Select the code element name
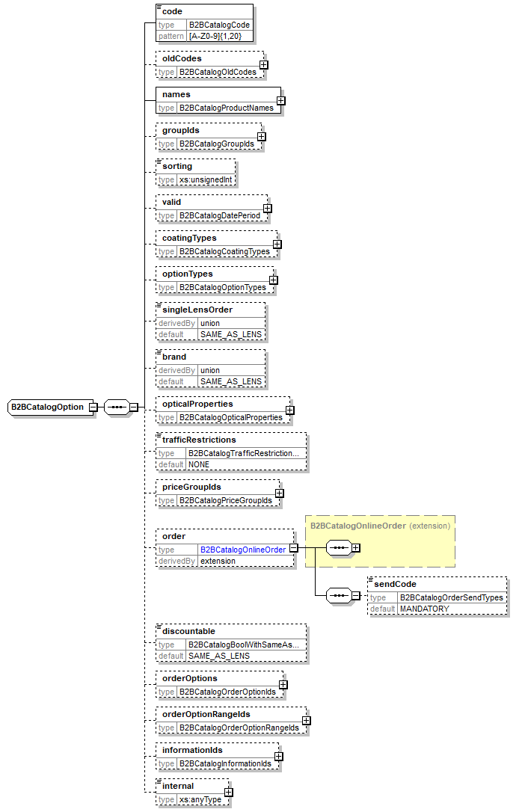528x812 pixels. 172,12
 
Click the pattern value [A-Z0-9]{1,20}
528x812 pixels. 210,36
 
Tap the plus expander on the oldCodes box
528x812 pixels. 264,65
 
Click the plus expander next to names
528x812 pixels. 280,101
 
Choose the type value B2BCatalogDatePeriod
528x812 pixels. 220,215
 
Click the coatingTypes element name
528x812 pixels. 189,238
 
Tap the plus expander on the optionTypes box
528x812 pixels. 273,280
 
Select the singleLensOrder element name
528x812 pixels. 197,310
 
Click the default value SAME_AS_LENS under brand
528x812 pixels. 231,381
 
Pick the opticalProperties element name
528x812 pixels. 197,404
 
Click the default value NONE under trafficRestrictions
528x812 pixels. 199,464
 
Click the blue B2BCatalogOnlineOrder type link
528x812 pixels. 242,550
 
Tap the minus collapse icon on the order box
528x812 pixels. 294,548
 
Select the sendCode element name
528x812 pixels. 395,583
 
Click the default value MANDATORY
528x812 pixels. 424,609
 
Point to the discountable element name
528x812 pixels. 188,631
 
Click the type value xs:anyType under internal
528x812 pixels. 200,800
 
